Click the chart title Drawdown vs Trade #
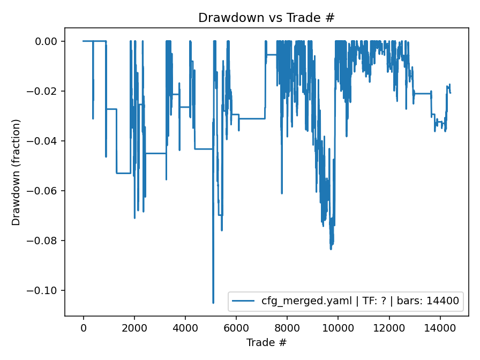tap(266, 18)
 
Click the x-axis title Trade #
tap(266, 342)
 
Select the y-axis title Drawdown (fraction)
tap(16, 172)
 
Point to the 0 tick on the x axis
tap(84, 328)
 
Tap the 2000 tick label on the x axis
tap(134, 328)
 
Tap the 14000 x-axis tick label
tap(440, 328)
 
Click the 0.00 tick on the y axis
tap(50, 41)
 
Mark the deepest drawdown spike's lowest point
tap(213, 303)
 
